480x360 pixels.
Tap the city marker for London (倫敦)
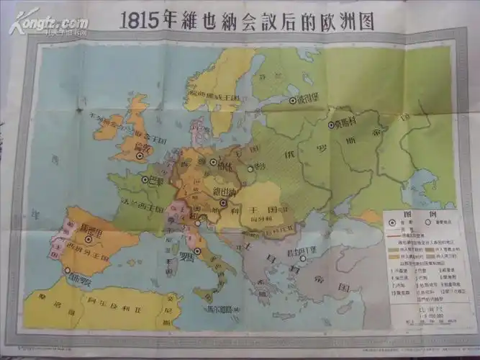(x=140, y=153)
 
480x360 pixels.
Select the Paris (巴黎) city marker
(x=145, y=180)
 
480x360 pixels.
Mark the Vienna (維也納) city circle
(x=224, y=202)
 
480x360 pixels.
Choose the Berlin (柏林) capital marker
(x=213, y=162)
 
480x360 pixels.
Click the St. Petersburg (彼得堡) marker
(x=292, y=100)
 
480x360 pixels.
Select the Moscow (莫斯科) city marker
(x=332, y=125)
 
